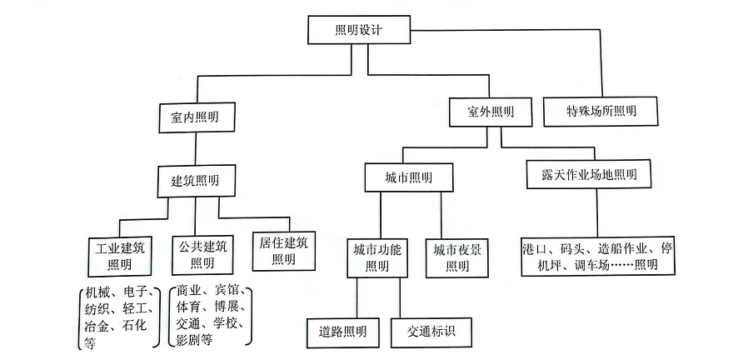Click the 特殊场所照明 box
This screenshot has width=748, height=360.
click(x=600, y=111)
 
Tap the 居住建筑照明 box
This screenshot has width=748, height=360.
click(x=283, y=249)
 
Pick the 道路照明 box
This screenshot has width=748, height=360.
click(x=342, y=332)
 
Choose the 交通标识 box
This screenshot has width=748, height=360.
click(x=434, y=332)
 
